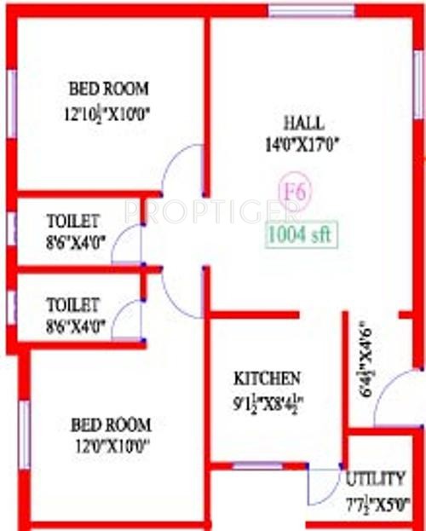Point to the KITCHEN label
[268, 378]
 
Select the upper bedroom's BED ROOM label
[108, 88]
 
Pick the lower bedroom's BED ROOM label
[111, 424]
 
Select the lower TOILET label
[73, 303]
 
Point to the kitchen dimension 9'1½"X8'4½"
[269, 401]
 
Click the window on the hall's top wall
[311, 11]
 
